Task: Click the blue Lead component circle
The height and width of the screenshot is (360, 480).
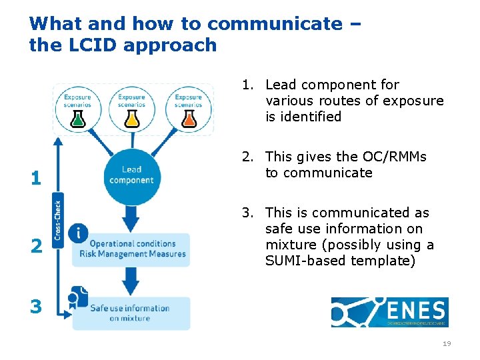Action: pos(132,175)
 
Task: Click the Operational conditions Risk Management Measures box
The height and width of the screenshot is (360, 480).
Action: pos(133,249)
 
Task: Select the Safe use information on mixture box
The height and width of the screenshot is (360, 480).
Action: pos(131,313)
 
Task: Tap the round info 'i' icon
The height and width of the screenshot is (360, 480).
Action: pos(79,233)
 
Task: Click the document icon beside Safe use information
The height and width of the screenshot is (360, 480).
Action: pos(78,298)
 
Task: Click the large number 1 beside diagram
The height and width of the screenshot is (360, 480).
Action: pos(35,179)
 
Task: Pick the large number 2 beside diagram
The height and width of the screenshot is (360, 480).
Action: pos(35,247)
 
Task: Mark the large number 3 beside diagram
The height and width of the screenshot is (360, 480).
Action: pos(35,307)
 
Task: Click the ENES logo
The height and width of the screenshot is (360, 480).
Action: pos(389,312)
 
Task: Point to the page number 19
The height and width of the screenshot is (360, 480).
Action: pos(446,344)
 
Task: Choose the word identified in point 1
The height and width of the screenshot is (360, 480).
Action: pos(303,117)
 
